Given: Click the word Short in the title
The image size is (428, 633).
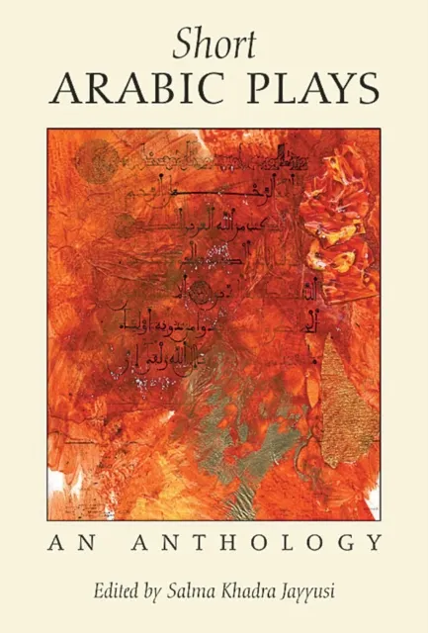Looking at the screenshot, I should (x=214, y=45).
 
